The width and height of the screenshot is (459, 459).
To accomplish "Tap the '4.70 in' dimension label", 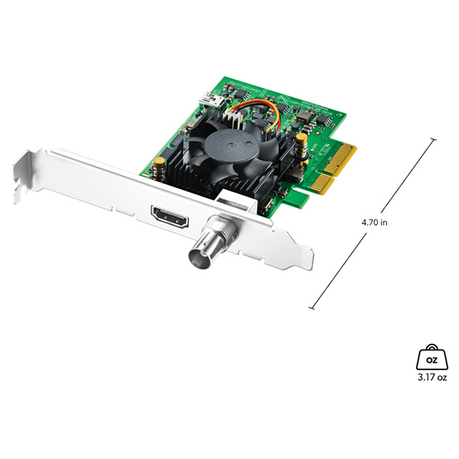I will pos(374,223).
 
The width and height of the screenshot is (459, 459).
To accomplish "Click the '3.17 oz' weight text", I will pos(431,376).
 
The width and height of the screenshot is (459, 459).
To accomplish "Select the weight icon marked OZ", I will pos(431,356).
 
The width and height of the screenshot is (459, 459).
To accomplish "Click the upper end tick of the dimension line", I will pos(435,139).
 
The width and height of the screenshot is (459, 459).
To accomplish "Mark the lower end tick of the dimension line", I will pos(312,308).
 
